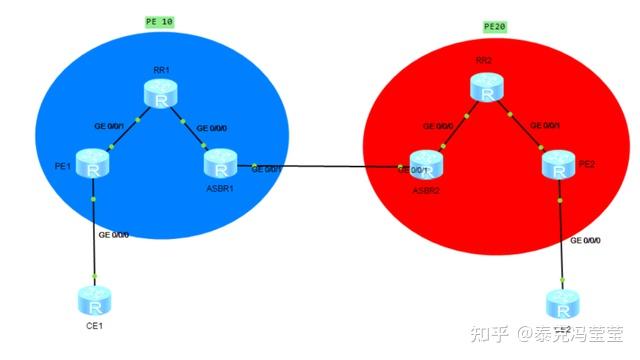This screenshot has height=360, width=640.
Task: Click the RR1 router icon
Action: coord(159,94)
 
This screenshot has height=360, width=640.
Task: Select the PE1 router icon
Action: coord(93,166)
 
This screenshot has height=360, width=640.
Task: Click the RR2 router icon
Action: coord(487,88)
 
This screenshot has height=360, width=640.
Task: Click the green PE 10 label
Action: coord(159,21)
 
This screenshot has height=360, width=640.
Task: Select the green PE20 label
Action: coord(500,26)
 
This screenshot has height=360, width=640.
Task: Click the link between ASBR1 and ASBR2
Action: coord(325,167)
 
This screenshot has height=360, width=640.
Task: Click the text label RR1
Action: coord(159,71)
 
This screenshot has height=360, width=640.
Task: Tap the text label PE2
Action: coord(583,166)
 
